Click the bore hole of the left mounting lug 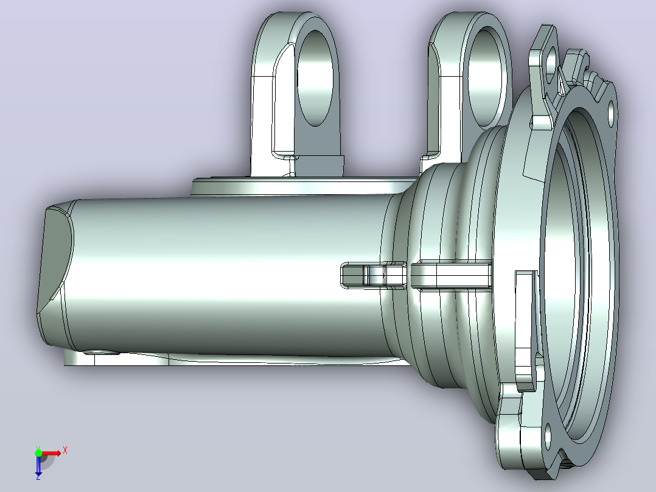coord(315,77)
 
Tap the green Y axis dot coord(38,453)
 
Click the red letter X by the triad coord(65,451)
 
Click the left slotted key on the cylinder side coord(374,275)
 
